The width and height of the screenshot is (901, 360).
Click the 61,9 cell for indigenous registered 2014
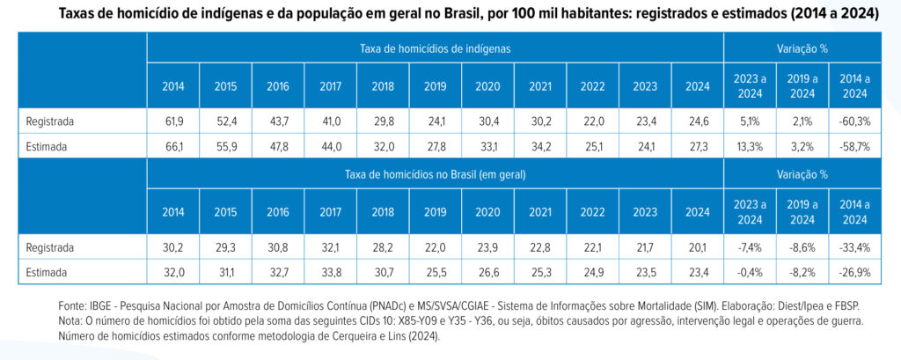173,122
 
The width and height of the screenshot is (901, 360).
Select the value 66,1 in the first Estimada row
173,147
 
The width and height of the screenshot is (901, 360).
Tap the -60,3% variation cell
855,122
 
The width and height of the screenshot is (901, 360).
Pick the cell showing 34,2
541,147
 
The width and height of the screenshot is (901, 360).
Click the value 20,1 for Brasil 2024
698,248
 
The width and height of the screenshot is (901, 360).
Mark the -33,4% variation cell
855,248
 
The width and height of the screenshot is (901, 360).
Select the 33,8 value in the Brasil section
331,273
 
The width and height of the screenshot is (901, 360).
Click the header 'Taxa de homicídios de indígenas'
435,49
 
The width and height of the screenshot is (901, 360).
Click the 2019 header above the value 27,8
435,87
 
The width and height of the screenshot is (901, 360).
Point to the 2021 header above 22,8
541,211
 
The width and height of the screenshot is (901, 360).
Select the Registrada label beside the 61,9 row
50,122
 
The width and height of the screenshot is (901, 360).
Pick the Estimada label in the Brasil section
47,273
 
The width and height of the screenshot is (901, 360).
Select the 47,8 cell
278,147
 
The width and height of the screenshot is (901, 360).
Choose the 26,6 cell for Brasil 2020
487,273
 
